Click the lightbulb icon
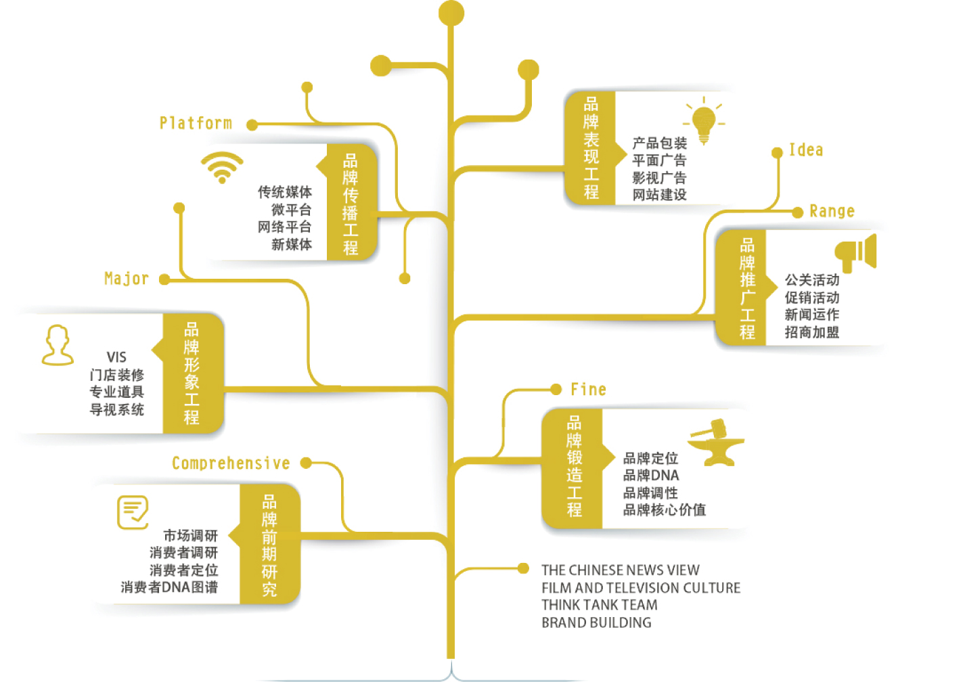click(704, 122)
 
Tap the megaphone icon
click(856, 252)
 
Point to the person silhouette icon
click(58, 345)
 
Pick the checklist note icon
click(133, 512)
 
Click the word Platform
click(196, 123)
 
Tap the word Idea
click(806, 150)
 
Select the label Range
click(832, 212)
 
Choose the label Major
click(127, 279)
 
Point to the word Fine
click(588, 390)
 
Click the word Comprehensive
click(231, 463)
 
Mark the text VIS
click(116, 357)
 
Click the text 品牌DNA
click(651, 476)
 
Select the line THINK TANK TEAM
click(599, 605)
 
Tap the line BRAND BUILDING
click(596, 622)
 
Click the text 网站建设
click(659, 195)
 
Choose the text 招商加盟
click(811, 332)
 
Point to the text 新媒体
click(292, 244)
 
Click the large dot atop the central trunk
click(451, 13)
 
